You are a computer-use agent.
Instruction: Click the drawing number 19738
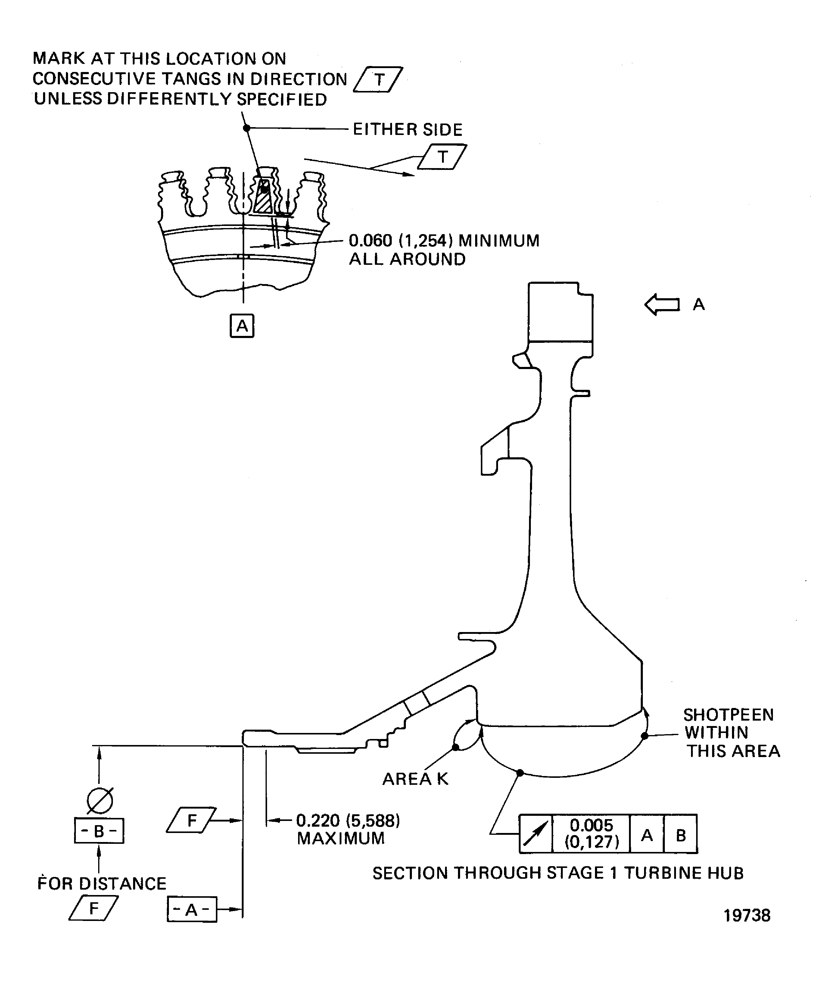[x=747, y=915]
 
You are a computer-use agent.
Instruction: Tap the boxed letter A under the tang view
[x=242, y=325]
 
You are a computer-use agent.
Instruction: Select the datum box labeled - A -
[x=192, y=909]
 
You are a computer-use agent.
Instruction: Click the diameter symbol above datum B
[x=100, y=800]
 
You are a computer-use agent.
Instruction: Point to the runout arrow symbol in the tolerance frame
[x=536, y=834]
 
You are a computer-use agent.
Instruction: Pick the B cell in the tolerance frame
[x=681, y=834]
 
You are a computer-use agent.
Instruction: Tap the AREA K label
[x=415, y=779]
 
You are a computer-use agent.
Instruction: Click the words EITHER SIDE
[x=407, y=129]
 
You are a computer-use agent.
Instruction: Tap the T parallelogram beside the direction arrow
[x=442, y=157]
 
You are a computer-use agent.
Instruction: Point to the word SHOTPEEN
[x=728, y=715]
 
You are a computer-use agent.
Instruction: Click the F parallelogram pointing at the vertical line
[x=191, y=820]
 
